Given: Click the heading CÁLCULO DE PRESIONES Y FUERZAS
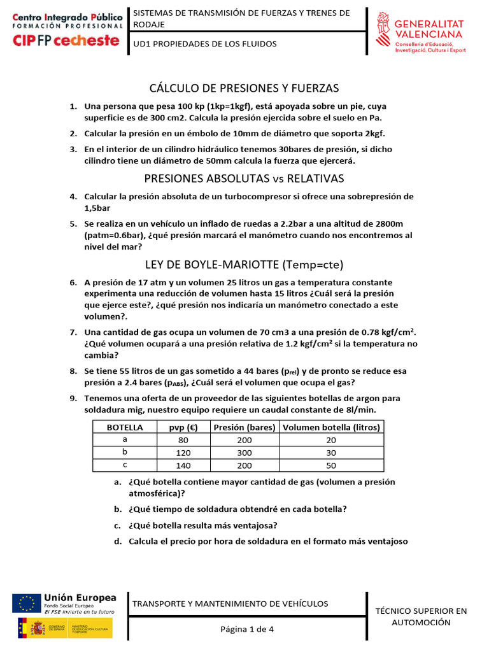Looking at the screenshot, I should pos(244,88).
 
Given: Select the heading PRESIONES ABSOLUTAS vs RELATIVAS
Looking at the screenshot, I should pos(244,178).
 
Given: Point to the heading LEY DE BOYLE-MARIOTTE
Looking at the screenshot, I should pos(244,264).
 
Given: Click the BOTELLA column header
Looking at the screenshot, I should pos(125,427).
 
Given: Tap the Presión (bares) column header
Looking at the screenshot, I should pos(244,427).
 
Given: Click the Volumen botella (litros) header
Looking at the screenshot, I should pos(331,427).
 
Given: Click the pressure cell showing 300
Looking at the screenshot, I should pos(244,452).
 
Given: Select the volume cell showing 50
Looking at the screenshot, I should pos(331,465).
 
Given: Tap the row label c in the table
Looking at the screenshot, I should pos(125,465).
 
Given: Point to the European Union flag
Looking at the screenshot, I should pos(26,603).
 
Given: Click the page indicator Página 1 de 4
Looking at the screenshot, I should pos(246,629).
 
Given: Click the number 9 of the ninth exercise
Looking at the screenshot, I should pos(73,398).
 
